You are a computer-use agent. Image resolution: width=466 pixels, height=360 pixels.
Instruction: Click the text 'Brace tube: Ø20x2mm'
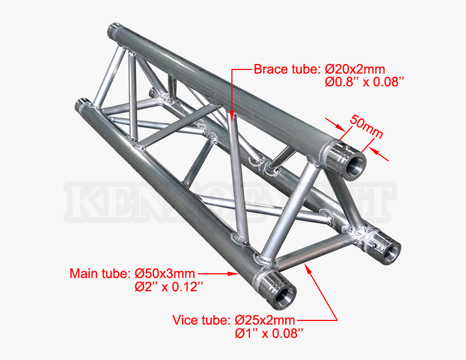319,69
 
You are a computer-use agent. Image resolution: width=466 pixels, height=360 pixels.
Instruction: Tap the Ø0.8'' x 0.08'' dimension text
365,82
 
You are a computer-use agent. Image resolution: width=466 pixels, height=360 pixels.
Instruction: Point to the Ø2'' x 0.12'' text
169,287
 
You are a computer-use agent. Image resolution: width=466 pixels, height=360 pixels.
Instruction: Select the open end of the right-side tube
391,250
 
